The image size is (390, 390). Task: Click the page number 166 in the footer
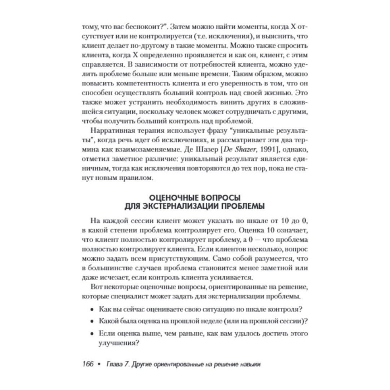pos(88,364)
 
